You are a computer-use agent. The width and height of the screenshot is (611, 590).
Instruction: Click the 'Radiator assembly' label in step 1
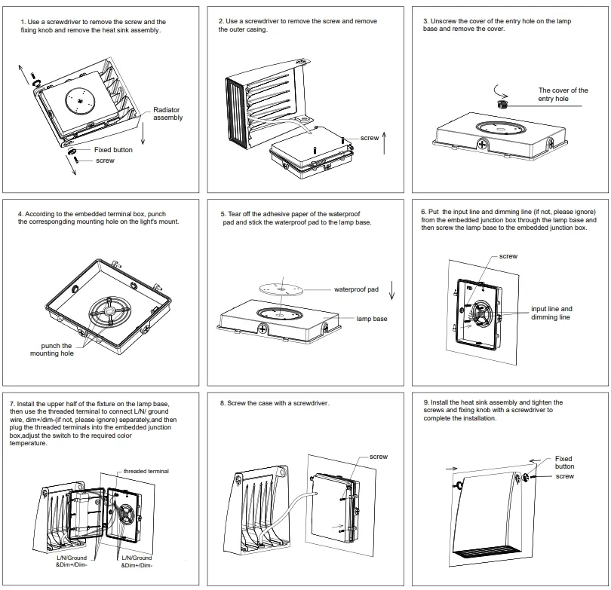pyautogui.click(x=167, y=114)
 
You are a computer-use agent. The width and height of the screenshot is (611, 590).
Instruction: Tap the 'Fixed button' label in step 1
pyautogui.click(x=113, y=150)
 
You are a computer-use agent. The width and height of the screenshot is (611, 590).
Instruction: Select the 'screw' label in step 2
pyautogui.click(x=370, y=139)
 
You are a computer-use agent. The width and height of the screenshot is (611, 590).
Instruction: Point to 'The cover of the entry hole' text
pyautogui.click(x=563, y=94)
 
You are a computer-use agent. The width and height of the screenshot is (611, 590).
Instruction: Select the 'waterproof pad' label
pyautogui.click(x=356, y=289)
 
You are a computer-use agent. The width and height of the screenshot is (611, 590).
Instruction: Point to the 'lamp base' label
pyautogui.click(x=372, y=319)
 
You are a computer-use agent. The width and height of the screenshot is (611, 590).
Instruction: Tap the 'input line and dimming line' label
pyautogui.click(x=551, y=313)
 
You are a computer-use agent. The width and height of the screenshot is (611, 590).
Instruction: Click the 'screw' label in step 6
pyautogui.click(x=508, y=256)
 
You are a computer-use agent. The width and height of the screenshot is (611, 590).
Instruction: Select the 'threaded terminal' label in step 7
pyautogui.click(x=147, y=471)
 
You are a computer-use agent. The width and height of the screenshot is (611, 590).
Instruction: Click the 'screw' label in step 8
pyautogui.click(x=379, y=457)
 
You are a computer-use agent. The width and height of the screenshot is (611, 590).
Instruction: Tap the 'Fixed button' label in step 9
pyautogui.click(x=563, y=462)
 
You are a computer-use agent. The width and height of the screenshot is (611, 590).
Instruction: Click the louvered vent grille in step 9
pyautogui.click(x=489, y=555)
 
